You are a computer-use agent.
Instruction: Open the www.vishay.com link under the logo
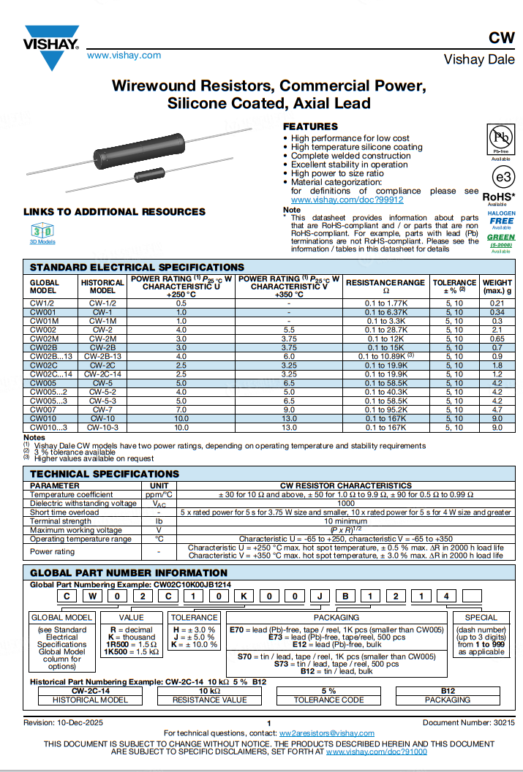pyautogui.click(x=124, y=56)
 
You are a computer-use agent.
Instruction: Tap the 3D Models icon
pyautogui.click(x=42, y=231)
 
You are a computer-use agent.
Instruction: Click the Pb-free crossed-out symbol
pyautogui.click(x=500, y=137)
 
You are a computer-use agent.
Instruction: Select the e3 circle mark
pyautogui.click(x=501, y=178)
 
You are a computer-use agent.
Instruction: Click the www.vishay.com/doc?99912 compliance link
pyautogui.click(x=347, y=200)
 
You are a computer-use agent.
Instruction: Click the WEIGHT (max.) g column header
pyautogui.click(x=497, y=286)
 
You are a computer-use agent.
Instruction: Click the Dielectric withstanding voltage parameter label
pyautogui.click(x=83, y=504)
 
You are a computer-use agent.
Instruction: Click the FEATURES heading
pyautogui.click(x=310, y=126)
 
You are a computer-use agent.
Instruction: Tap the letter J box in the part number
pyautogui.click(x=320, y=597)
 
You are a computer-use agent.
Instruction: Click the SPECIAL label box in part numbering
pyautogui.click(x=481, y=617)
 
